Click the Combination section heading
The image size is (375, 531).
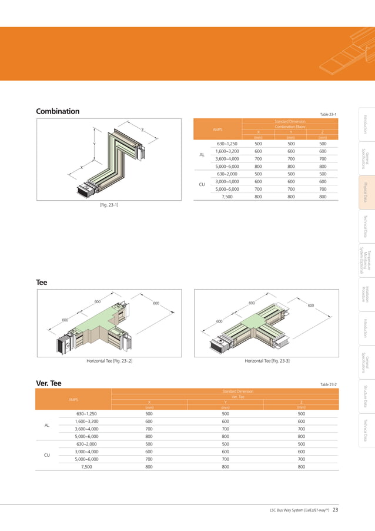(x=58, y=111)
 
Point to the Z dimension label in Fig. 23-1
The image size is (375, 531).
(x=142, y=130)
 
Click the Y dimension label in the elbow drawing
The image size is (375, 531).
(x=94, y=144)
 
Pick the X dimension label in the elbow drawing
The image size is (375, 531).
(x=82, y=168)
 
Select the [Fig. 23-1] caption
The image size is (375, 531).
(x=109, y=204)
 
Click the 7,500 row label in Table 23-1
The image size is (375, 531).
(x=227, y=197)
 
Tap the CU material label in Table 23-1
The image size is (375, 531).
(x=202, y=185)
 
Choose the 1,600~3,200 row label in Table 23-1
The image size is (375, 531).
(x=227, y=151)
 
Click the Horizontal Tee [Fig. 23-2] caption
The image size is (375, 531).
(x=109, y=360)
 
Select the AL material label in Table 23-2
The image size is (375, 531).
(x=47, y=425)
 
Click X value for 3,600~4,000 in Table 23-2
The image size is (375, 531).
(x=149, y=429)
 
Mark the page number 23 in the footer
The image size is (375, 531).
(x=335, y=510)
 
